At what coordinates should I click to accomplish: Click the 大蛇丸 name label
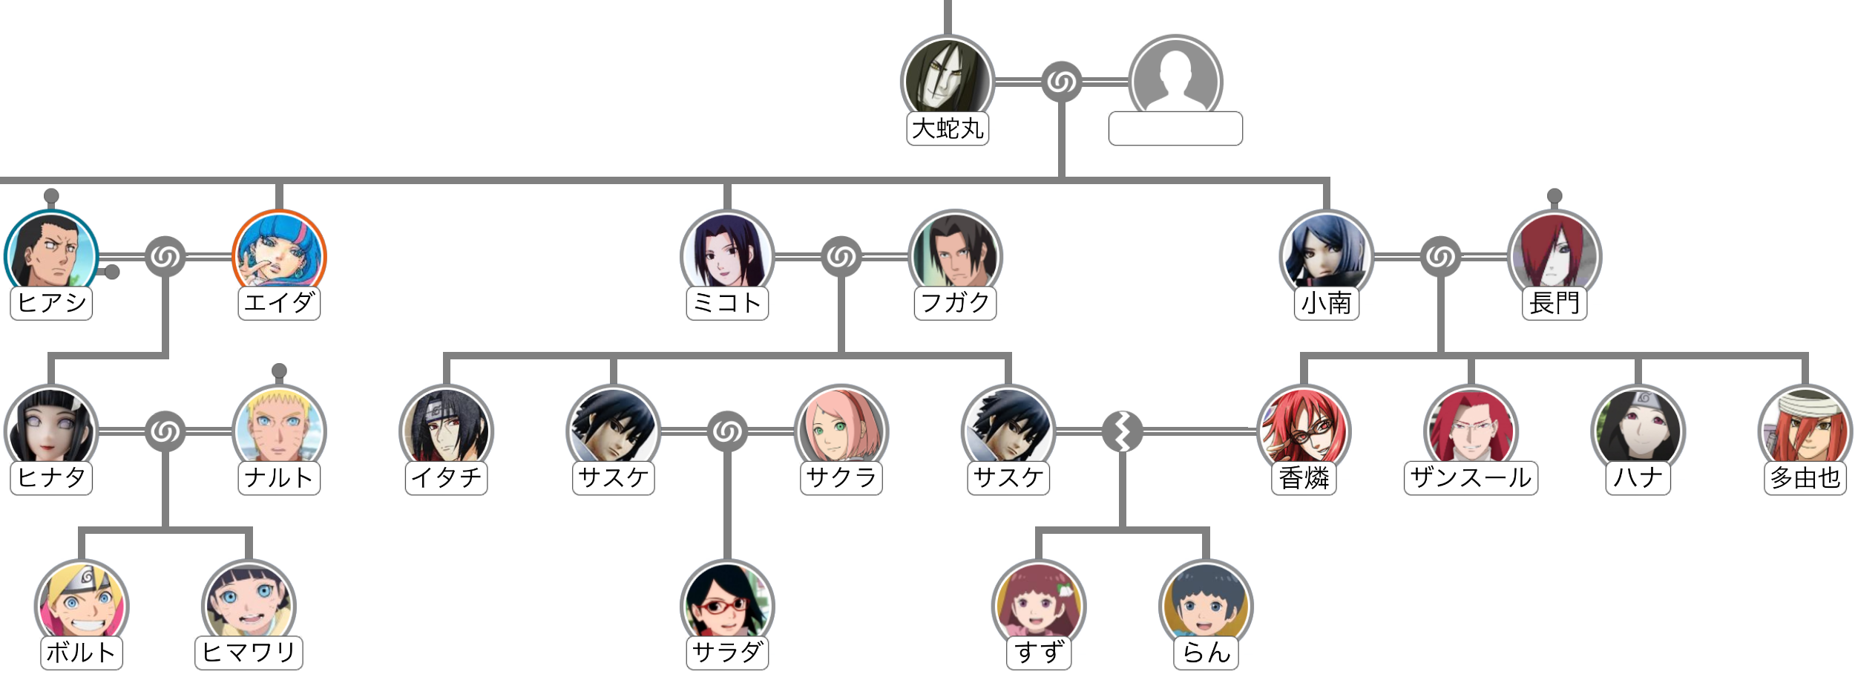pos(948,129)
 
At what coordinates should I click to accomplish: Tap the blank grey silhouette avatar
pos(1175,80)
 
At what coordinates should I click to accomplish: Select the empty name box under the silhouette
pos(1175,129)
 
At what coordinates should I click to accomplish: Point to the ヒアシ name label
pos(51,303)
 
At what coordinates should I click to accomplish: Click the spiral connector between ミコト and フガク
pos(841,257)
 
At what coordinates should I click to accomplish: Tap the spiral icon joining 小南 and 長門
pos(1440,257)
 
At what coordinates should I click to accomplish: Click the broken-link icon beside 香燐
pos(1122,431)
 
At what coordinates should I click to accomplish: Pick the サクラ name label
pos(841,477)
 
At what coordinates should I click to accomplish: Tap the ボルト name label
pos(82,653)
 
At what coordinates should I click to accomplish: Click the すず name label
pos(1039,653)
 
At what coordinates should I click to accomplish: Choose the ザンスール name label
pos(1471,477)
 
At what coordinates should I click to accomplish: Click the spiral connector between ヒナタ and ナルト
pos(165,431)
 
